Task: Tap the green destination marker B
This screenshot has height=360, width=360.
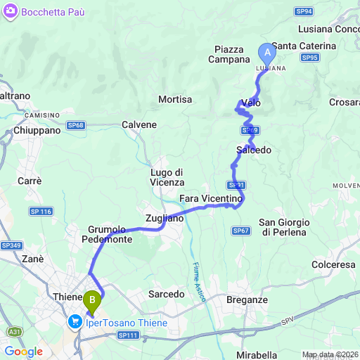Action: (91, 302)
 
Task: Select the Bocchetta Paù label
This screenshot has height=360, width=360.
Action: (47, 12)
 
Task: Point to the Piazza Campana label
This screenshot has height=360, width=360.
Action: (229, 54)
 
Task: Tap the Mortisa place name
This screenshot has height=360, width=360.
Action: (175, 100)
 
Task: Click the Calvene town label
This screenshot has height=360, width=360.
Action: (139, 124)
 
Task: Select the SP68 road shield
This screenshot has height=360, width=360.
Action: (76, 125)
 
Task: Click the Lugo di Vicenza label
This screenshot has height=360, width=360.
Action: (167, 177)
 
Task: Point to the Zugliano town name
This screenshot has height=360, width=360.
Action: (164, 218)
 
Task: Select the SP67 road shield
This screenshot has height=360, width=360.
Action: (241, 231)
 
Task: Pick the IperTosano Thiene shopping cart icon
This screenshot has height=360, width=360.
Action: (74, 323)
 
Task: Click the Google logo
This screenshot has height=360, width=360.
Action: (23, 351)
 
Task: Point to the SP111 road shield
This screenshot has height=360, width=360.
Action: (128, 336)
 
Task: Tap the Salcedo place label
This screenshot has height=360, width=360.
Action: (254, 150)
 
